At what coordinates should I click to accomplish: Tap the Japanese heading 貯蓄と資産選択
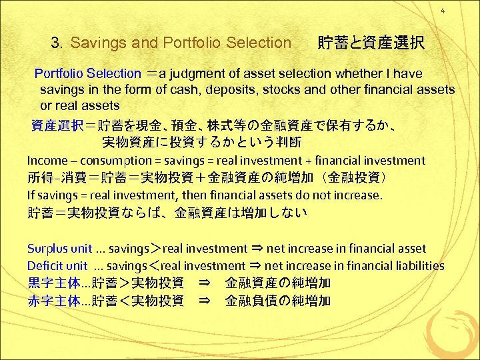pyautogui.click(x=370, y=43)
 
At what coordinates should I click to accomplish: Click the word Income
pyautogui.click(x=47, y=160)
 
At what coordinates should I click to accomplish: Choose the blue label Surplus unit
pyautogui.click(x=59, y=249)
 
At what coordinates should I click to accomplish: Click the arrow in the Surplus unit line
pyautogui.click(x=256, y=249)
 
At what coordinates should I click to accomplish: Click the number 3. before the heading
pyautogui.click(x=57, y=43)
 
